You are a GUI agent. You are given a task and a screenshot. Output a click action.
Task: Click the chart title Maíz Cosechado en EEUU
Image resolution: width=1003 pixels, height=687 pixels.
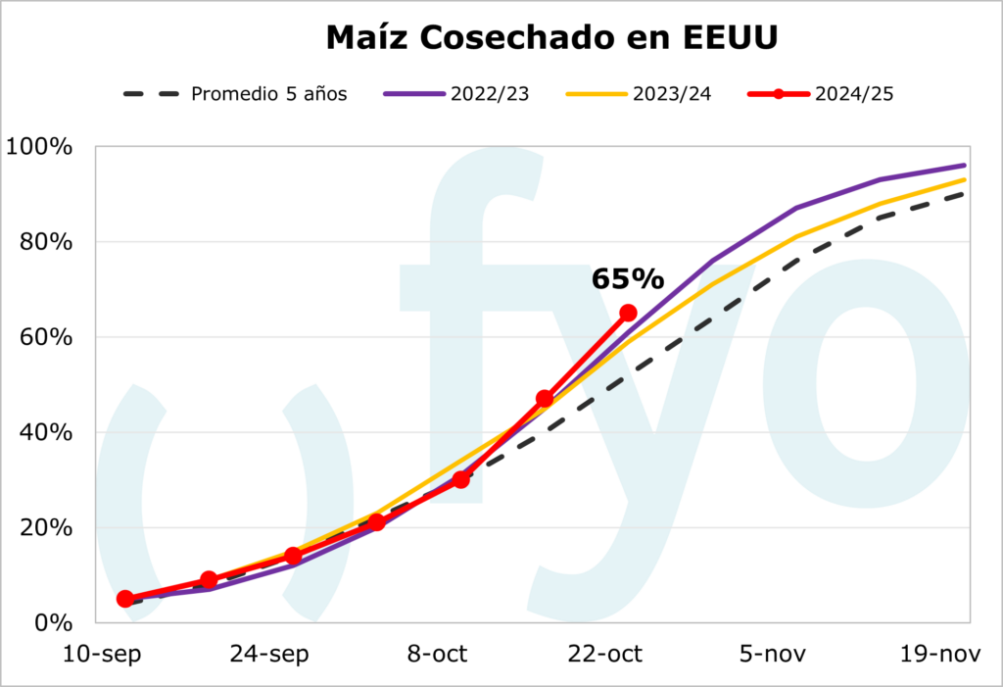[551, 37]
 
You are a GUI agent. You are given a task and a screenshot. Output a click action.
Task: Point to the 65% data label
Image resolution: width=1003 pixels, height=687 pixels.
[627, 278]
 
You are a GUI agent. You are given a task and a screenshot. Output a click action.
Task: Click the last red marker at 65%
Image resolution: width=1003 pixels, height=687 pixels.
[628, 313]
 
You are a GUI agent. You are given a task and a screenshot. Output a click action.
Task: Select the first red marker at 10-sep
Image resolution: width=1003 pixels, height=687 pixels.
[125, 599]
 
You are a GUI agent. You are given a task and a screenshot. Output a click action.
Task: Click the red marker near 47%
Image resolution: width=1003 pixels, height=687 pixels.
[545, 399]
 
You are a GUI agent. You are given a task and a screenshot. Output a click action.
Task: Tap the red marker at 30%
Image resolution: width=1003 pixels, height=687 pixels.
[460, 479]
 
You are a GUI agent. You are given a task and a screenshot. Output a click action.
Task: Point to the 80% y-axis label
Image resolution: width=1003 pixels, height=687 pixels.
[45, 242]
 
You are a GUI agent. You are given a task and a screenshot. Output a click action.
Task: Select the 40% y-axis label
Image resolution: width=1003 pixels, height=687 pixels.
[45, 432]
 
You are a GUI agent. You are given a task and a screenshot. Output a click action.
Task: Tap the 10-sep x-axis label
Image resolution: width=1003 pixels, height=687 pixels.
[101, 654]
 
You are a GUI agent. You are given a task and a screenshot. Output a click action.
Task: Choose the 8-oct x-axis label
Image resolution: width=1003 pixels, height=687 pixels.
[437, 654]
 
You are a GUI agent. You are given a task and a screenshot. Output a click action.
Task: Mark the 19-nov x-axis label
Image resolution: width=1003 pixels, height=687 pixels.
[940, 654]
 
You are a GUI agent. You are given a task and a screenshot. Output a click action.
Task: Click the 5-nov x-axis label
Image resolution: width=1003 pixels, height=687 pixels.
[773, 654]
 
